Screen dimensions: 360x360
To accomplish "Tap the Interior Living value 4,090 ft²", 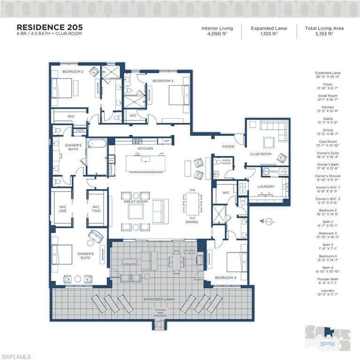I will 217,34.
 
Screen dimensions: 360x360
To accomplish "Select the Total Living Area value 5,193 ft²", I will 324,34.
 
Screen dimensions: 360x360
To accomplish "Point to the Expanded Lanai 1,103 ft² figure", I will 269,34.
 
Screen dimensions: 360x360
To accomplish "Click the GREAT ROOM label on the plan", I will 135,202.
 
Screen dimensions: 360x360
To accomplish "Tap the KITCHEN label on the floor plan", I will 145,149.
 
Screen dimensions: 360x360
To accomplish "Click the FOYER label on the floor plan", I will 228,147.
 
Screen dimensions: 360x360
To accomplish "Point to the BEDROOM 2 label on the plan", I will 73,72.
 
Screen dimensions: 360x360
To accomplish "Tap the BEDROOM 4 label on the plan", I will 225,277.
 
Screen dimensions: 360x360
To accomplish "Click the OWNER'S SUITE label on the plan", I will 85,255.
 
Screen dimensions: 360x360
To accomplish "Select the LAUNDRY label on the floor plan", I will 266,187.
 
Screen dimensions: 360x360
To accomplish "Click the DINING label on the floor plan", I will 192,222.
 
